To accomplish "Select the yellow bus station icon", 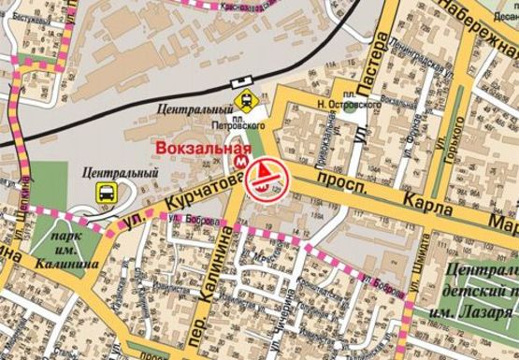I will pos(106,193).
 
